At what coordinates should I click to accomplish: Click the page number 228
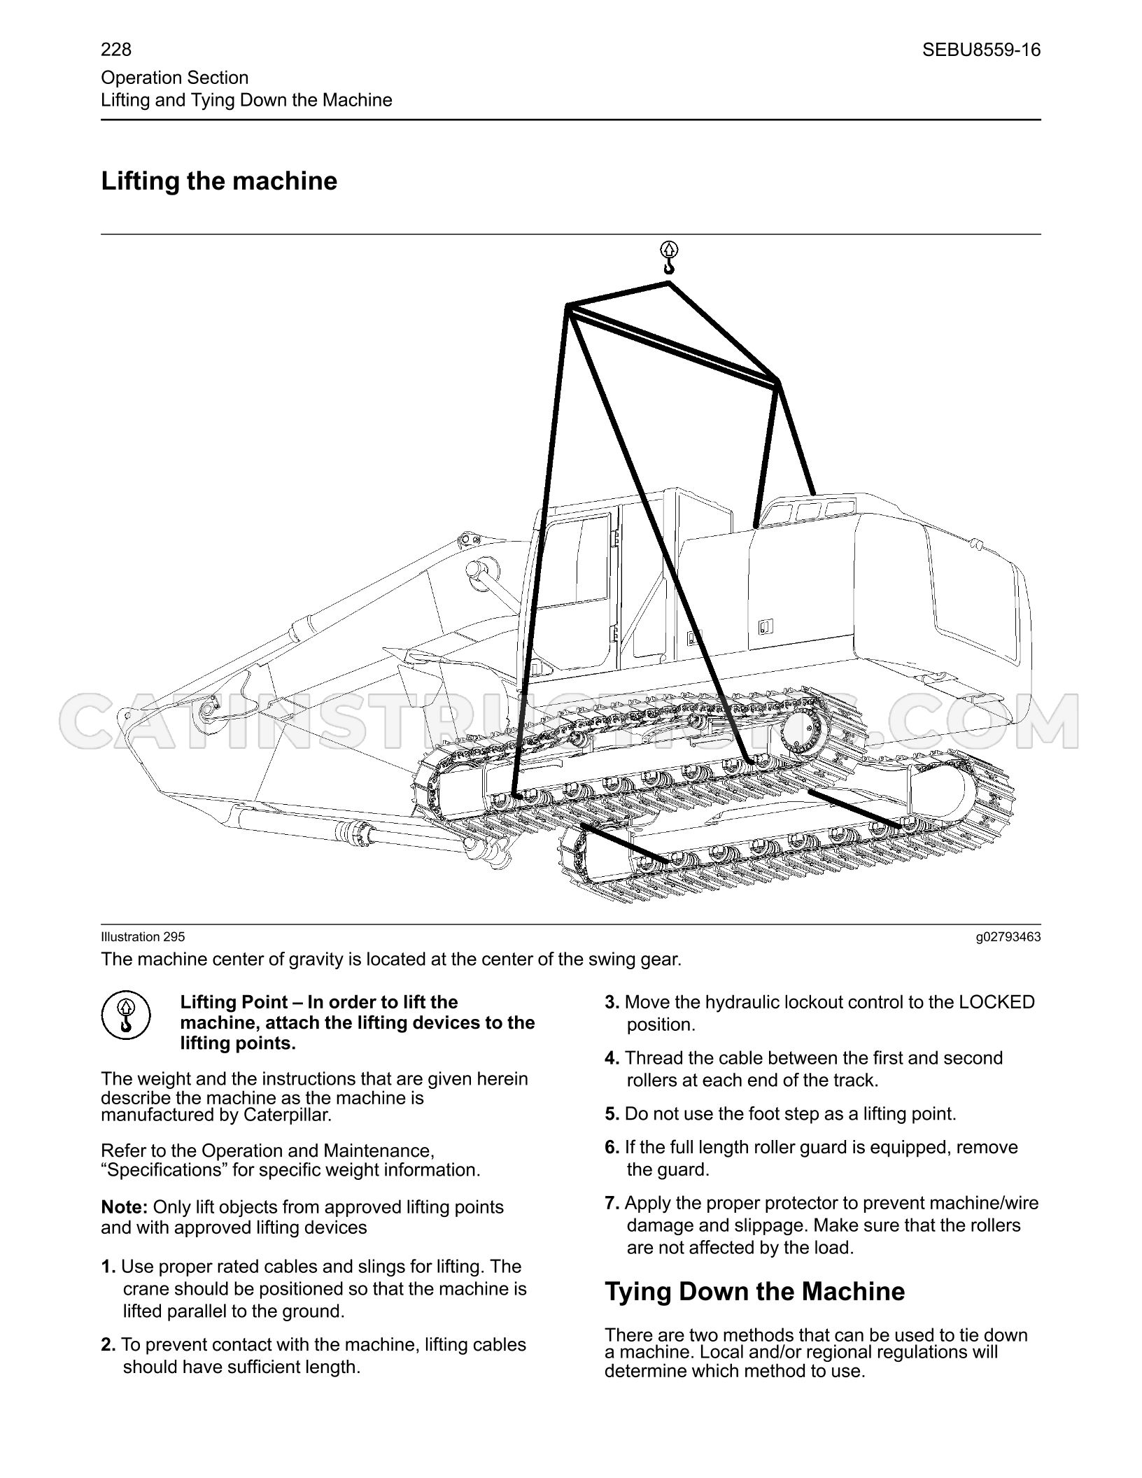pos(116,50)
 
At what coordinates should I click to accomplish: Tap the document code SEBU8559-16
pos(981,50)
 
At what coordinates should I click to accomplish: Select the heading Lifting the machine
pos(219,181)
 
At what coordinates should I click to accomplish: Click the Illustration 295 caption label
pos(143,937)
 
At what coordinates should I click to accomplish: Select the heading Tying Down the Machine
pos(754,1291)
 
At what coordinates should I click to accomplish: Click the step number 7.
pos(612,1203)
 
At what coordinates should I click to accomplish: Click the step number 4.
pos(612,1058)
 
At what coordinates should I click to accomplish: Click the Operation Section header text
pos(175,78)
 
